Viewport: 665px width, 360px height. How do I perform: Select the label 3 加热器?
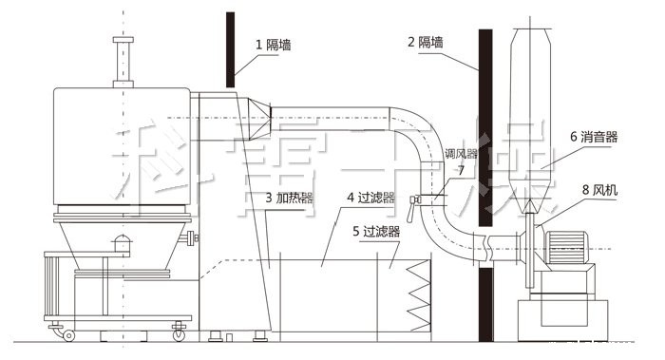pos(290,199)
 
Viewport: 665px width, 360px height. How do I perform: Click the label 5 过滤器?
pos(376,230)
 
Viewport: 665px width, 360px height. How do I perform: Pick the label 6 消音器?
pos(594,137)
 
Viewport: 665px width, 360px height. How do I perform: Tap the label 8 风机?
pos(598,190)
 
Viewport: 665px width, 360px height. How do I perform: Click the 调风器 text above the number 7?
pos(462,153)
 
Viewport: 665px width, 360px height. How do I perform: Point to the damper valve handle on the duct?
pos(415,199)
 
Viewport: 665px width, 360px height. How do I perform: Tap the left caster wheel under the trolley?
pos(68,333)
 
